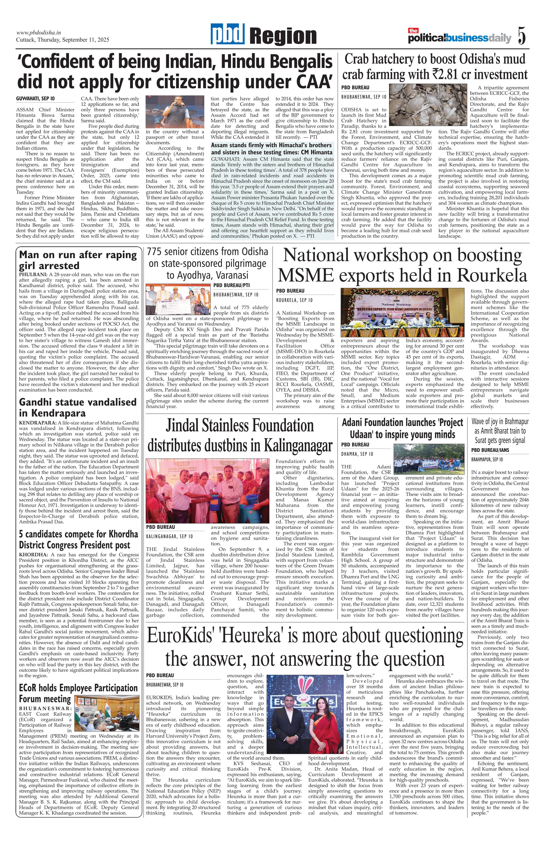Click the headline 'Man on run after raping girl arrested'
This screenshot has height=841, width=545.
(78, 260)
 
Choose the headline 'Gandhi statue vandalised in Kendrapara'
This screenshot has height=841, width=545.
(78, 407)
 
